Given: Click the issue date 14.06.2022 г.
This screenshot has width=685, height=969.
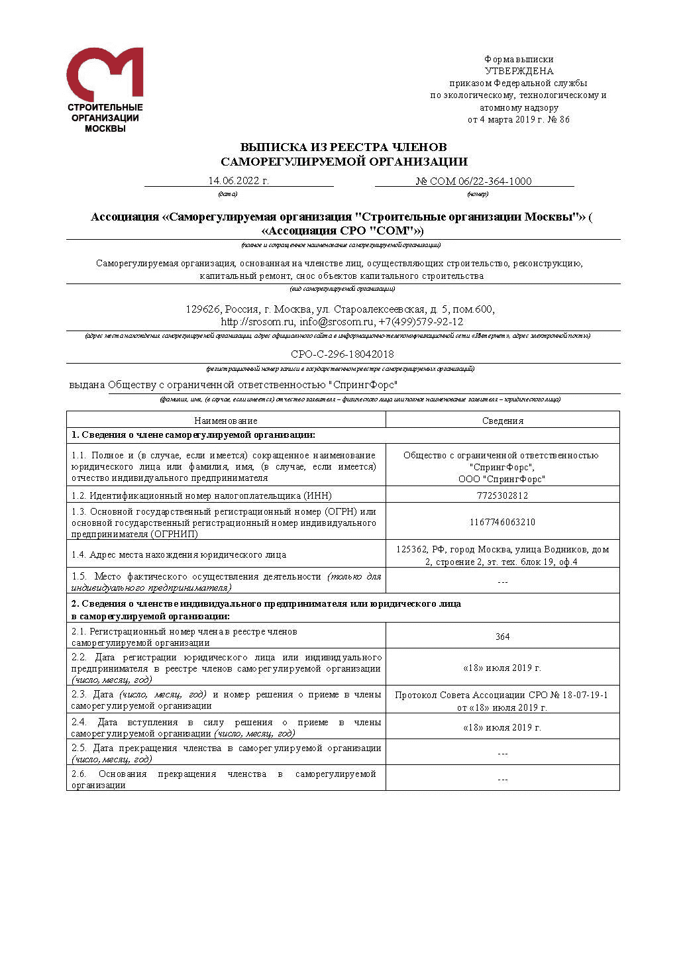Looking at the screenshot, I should coord(238,181).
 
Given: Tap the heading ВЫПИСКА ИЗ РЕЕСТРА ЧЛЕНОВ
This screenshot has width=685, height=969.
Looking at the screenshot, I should coord(343,147).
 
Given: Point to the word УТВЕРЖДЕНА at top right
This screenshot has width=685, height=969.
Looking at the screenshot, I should coord(519,72).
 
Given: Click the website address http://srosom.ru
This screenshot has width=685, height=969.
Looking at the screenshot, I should coord(257,323).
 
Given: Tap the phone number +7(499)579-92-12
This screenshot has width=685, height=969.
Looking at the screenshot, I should coord(421,323).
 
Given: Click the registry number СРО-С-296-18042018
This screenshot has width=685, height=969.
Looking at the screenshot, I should coord(342,354).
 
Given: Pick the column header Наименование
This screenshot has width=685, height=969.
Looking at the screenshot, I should coord(226,421).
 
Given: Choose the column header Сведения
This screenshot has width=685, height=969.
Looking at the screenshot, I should coord(502,421).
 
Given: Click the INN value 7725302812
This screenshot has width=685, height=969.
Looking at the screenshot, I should coord(502,495).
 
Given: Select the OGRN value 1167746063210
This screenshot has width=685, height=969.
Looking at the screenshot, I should coord(502,522).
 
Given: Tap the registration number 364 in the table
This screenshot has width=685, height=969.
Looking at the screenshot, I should coord(502,637).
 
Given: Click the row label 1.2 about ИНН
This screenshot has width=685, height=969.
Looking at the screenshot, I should coord(201,495).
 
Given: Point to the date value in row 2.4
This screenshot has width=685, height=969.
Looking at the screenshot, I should coord(502,727).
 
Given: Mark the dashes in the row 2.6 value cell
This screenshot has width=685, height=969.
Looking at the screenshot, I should coord(502,780).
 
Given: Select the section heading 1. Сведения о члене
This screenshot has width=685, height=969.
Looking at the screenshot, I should coord(193,435).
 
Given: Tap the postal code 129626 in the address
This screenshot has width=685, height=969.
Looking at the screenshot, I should coord(203,310).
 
